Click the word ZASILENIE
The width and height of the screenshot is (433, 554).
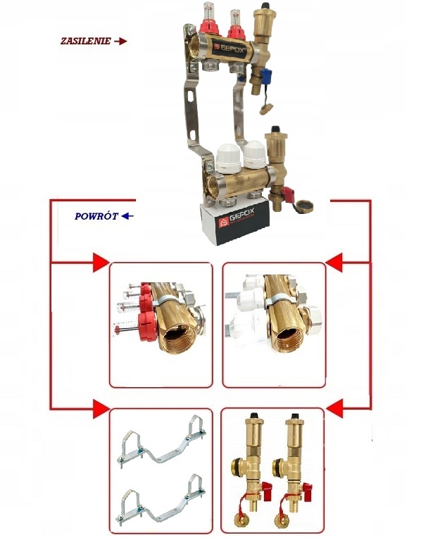click(x=85, y=41)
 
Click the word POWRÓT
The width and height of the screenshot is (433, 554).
click(x=96, y=216)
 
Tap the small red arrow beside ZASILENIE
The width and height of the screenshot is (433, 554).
click(x=121, y=42)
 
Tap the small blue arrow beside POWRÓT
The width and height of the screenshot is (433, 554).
click(x=127, y=216)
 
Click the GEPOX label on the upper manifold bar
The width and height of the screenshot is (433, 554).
click(x=230, y=49)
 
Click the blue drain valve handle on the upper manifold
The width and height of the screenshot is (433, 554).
click(x=266, y=75)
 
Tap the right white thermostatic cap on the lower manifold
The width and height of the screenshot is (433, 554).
click(x=255, y=154)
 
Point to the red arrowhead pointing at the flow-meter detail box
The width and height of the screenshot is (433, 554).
click(x=101, y=263)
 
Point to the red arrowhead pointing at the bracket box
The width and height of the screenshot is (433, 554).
click(x=101, y=409)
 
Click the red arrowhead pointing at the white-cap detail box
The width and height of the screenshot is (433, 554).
click(x=334, y=263)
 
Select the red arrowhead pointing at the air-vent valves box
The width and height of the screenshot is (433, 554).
click(x=334, y=409)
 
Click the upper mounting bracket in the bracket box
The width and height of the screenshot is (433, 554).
click(x=161, y=442)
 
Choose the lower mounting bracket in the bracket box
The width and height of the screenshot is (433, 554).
click(x=161, y=502)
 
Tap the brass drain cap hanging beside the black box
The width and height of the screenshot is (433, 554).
click(x=304, y=207)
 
